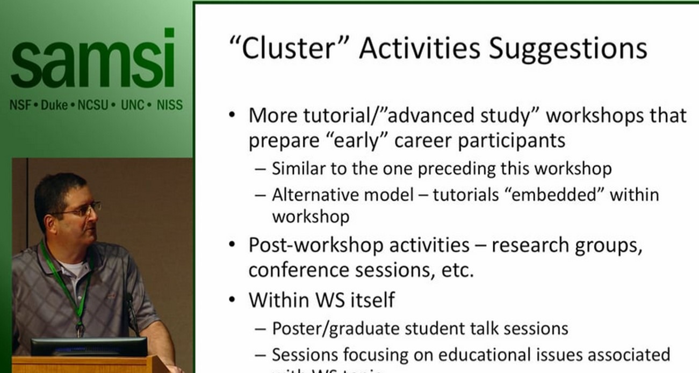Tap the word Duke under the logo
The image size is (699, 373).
[x=54, y=105]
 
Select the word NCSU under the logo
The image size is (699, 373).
[x=93, y=105]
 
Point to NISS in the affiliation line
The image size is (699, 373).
[x=169, y=105]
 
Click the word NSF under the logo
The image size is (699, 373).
[x=20, y=105]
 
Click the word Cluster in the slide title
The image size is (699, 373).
[x=293, y=48]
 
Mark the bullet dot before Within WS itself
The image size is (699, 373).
[x=232, y=299]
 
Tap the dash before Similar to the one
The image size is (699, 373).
[x=261, y=169]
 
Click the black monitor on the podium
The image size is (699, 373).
[x=89, y=347]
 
